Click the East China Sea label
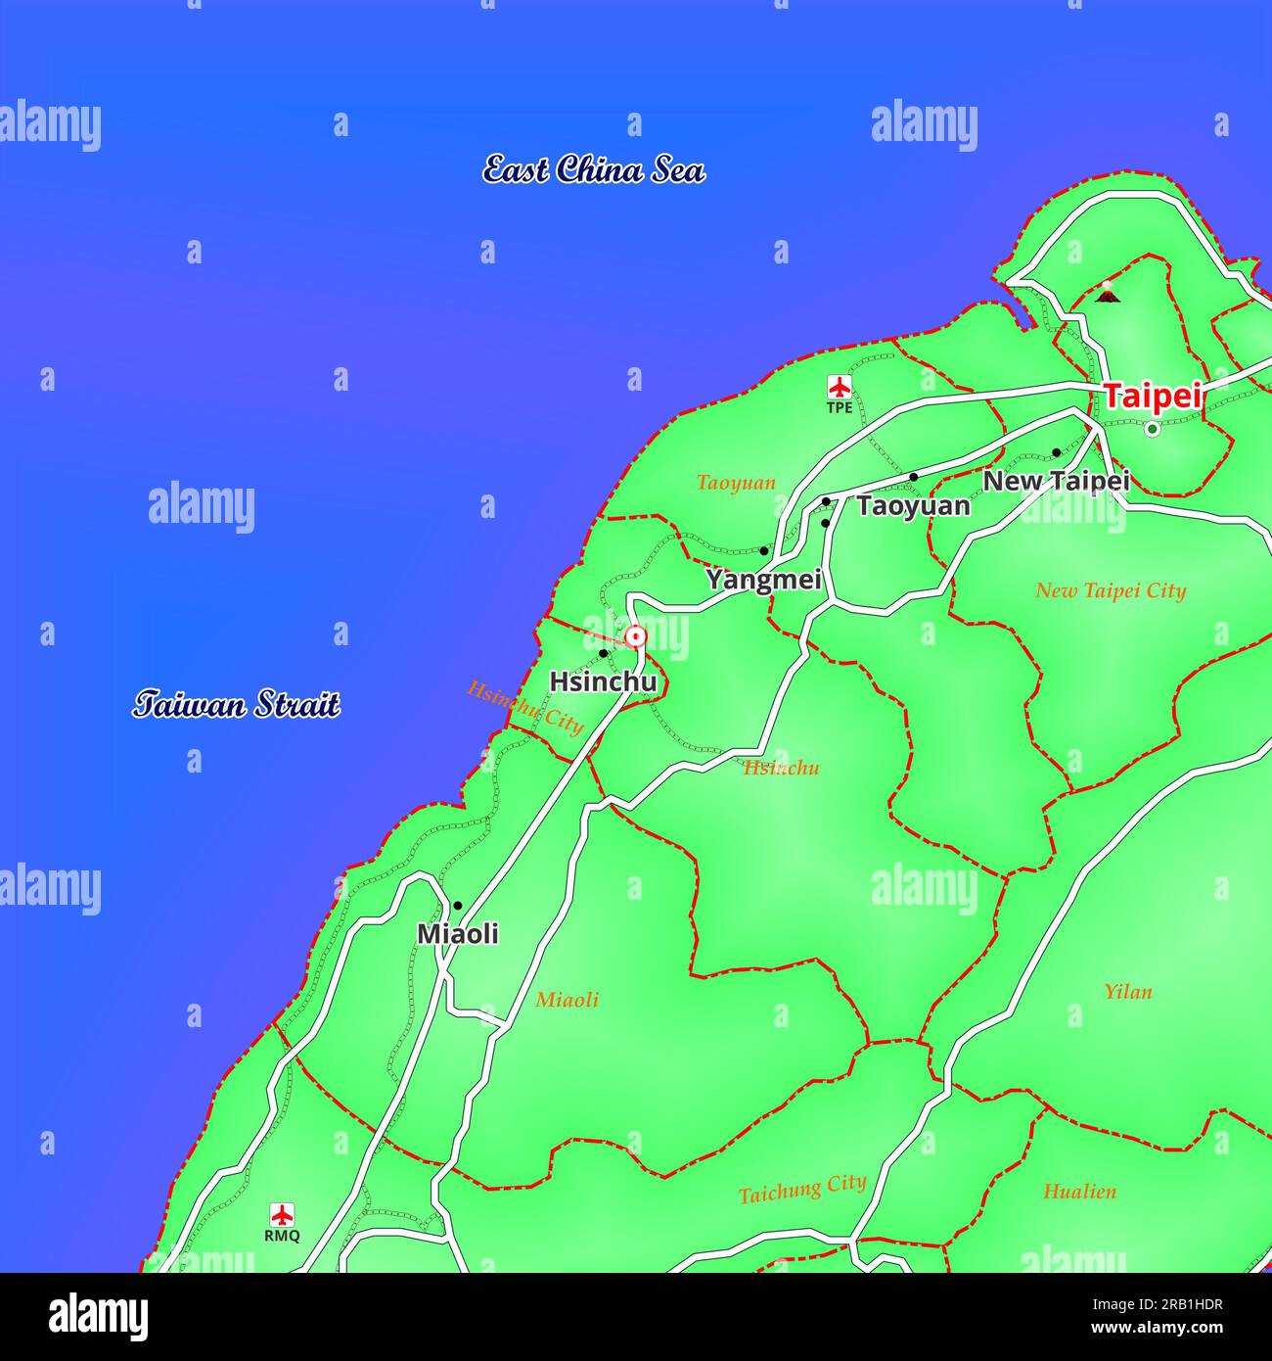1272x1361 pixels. (594, 170)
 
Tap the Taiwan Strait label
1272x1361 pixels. (237, 704)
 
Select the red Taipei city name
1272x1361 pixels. (1152, 397)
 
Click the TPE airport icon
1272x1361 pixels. (839, 387)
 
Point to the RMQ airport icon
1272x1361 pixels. (282, 1216)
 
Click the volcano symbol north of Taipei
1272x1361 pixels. (1107, 292)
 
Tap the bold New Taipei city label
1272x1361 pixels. (1056, 481)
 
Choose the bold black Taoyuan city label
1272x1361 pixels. (913, 506)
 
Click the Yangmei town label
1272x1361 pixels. (763, 580)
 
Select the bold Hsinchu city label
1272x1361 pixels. (602, 681)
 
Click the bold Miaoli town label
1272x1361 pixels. (458, 934)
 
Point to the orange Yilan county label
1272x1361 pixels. (1127, 992)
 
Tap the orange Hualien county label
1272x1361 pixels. (1079, 1192)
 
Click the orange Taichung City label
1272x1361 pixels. (802, 1190)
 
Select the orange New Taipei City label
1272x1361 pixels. (1111, 590)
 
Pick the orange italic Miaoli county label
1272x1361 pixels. (567, 1000)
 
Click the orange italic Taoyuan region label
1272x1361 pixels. (736, 483)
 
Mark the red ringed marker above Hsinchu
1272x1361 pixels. (636, 637)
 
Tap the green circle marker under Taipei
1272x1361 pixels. (1152, 428)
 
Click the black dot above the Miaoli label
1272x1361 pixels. (457, 906)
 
